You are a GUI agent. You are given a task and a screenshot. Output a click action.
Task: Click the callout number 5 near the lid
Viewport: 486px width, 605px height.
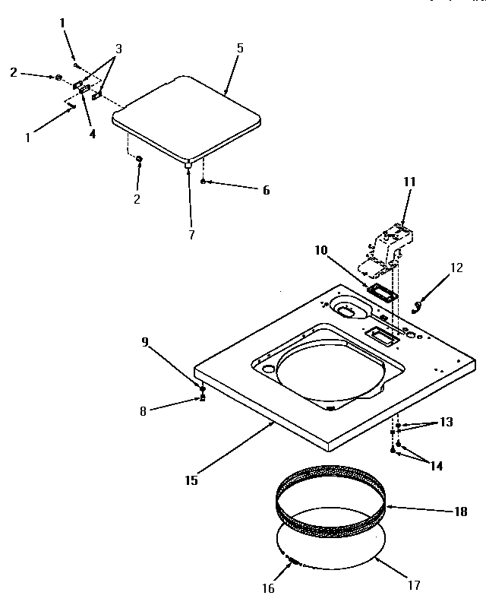pos(239,47)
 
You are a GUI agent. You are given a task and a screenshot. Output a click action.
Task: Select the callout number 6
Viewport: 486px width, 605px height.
pos(266,191)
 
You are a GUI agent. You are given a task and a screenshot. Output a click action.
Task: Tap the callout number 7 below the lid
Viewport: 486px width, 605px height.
pos(191,235)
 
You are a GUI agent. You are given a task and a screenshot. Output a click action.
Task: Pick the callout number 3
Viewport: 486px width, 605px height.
pos(118,48)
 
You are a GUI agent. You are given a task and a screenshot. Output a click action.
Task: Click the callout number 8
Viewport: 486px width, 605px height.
pos(143,410)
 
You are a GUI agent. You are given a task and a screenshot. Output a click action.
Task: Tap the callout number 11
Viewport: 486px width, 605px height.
pos(410,182)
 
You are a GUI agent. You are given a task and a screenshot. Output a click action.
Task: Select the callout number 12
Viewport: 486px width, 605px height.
pos(455,267)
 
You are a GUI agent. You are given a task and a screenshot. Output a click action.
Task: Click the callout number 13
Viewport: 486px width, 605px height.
pos(446,422)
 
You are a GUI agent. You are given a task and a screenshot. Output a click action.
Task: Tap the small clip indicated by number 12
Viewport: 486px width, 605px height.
pos(416,306)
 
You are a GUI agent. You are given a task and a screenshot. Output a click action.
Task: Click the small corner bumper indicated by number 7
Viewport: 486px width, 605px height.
pos(188,162)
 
